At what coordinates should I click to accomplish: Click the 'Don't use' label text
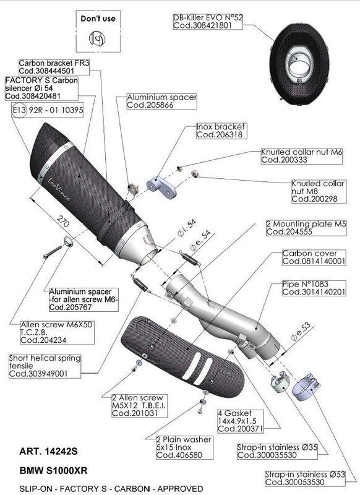pos(98,19)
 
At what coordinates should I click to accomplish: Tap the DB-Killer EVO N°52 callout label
pos(208,22)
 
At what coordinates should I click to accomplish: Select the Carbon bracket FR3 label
pos(54,67)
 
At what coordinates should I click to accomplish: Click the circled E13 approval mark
pos(19,110)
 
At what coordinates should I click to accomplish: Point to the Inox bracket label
pos(221,131)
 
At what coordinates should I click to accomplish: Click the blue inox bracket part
pos(161,187)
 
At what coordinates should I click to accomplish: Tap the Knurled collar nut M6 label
pos(301,156)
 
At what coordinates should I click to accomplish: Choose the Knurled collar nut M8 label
pos(319,191)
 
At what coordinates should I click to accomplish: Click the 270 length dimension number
pos(62,222)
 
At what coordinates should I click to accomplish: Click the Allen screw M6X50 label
pos(57,332)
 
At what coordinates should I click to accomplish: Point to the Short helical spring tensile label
pos(45,366)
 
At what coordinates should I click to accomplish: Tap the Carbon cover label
pos(314,257)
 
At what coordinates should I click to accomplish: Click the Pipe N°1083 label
pos(314,288)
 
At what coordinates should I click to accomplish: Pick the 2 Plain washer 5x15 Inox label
pos(184,447)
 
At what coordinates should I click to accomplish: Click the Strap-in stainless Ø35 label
pos(277,451)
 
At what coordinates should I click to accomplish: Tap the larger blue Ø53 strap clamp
pos(306,387)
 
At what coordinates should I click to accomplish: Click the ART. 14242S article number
pos(48,452)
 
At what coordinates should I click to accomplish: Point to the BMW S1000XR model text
pos(53,471)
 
